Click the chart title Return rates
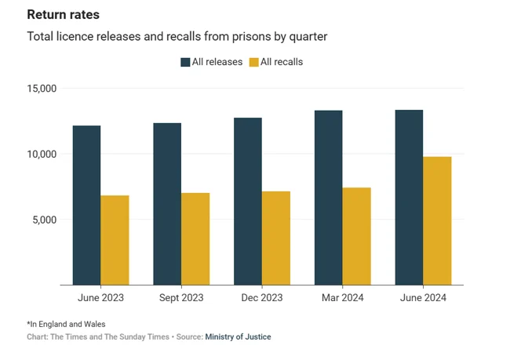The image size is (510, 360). pos(63,15)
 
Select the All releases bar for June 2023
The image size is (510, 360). pos(86,205)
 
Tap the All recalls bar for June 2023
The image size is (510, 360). pos(115,240)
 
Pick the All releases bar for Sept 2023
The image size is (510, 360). pos(167,204)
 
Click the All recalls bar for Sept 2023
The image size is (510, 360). pos(195,239)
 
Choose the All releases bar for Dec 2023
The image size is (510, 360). pos(248,202)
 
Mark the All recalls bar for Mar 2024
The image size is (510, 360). pos(357,236)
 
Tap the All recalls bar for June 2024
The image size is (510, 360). pos(437,221)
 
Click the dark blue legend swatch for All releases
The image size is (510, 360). pos(185,62)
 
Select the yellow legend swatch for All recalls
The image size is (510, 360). pos(254,62)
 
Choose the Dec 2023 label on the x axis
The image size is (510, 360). pos(261,298)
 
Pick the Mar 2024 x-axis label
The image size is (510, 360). pos(342,298)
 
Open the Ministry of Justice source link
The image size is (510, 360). pos(238,336)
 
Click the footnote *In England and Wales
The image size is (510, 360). pos(66,324)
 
